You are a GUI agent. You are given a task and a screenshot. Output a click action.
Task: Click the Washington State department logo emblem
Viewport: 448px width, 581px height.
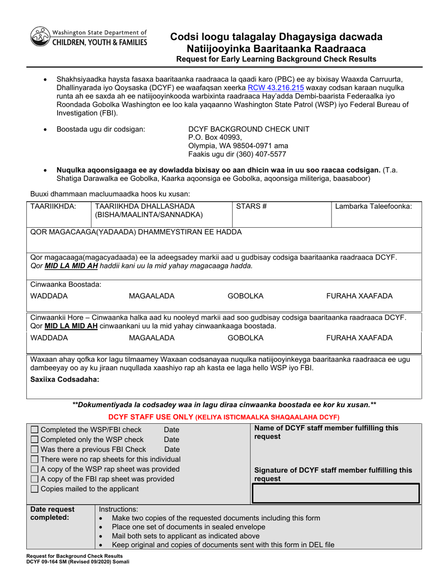click(x=40, y=36)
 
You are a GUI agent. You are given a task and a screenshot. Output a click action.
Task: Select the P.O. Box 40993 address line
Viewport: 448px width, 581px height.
click(x=215, y=137)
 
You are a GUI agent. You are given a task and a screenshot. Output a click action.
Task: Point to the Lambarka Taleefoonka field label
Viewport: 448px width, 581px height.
click(x=373, y=206)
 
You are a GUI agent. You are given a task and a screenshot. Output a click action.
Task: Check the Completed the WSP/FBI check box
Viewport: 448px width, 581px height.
click(x=35, y=430)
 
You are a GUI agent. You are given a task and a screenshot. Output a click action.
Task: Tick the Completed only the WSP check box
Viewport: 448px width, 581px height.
click(x=35, y=440)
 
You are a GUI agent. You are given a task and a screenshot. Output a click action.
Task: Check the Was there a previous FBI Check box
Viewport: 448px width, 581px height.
click(x=35, y=450)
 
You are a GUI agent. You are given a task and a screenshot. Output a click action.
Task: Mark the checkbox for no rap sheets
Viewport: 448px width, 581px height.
click(x=35, y=459)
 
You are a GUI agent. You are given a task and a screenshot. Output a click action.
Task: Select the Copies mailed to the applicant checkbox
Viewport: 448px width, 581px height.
click(x=35, y=488)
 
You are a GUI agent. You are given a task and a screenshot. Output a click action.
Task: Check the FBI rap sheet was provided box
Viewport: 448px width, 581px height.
click(x=35, y=479)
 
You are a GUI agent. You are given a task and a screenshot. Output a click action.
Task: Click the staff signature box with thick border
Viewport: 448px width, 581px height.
click(x=336, y=493)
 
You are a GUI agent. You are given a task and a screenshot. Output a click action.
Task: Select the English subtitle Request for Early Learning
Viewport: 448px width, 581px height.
click(x=276, y=60)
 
